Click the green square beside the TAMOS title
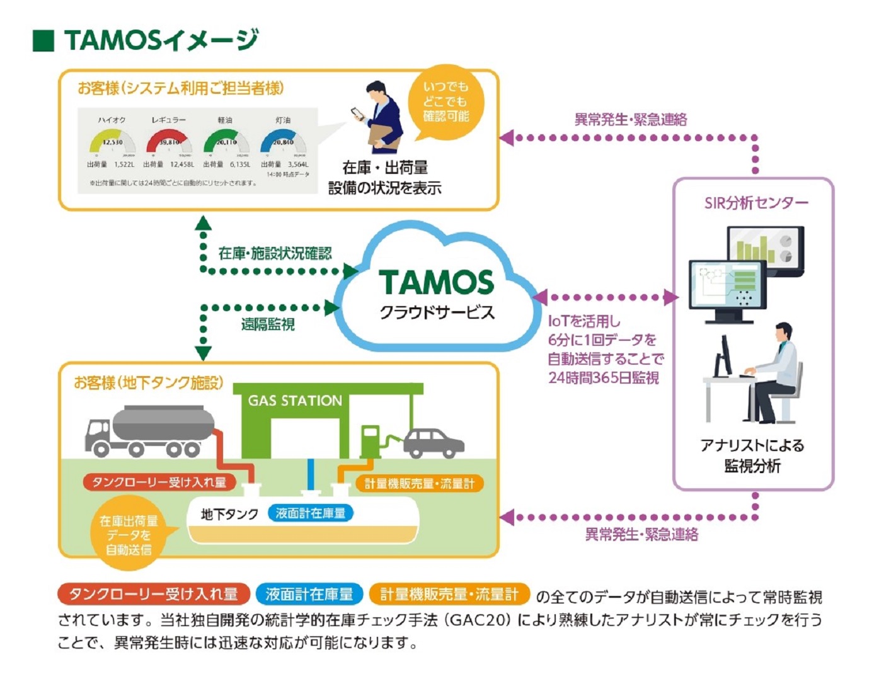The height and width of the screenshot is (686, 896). [43, 40]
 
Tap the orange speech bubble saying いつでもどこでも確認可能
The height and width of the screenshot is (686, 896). [445, 101]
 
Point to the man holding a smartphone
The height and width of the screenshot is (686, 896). [381, 117]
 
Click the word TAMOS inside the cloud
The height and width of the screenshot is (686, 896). [436, 283]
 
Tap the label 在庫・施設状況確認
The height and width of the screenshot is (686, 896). [275, 253]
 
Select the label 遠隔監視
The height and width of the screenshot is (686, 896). [268, 324]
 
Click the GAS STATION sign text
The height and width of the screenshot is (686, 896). [295, 401]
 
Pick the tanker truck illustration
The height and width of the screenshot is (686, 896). [150, 431]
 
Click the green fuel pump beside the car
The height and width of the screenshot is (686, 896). [370, 440]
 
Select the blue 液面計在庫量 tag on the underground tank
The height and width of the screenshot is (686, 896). [311, 513]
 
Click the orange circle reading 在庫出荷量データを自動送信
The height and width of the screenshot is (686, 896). [129, 535]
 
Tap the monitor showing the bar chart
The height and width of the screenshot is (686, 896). [765, 249]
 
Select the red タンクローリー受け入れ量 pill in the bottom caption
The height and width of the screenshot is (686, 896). [153, 594]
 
